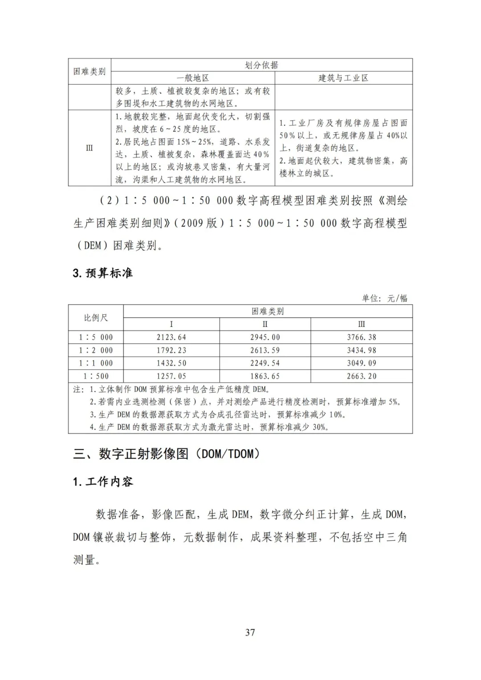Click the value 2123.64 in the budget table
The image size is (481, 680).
click(171, 337)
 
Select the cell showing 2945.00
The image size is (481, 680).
click(265, 337)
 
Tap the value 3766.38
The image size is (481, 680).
click(361, 337)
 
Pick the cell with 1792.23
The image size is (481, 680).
click(171, 350)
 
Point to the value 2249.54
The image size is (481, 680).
click(265, 363)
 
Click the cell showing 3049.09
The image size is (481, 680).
click(361, 363)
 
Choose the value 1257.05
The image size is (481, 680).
click(171, 376)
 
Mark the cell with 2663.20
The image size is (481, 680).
click(361, 376)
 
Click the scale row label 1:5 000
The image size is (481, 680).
click(96, 337)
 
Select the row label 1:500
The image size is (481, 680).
click(96, 376)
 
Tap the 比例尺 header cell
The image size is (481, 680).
click(96, 318)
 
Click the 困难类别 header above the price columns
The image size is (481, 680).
click(267, 311)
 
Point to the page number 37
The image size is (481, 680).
click(250, 632)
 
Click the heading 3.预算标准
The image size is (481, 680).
click(103, 273)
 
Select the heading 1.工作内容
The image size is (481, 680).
click(103, 481)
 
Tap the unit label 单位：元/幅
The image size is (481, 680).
click(384, 298)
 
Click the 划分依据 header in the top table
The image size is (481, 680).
click(261, 65)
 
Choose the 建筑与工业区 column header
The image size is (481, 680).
click(343, 78)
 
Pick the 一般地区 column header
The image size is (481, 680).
click(193, 78)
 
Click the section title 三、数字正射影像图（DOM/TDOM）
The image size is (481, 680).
click(167, 454)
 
